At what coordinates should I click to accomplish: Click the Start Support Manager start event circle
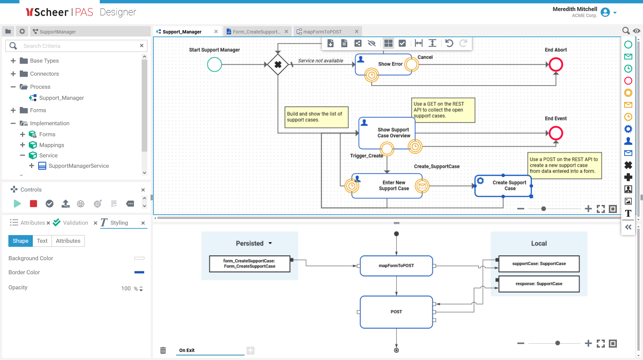click(x=214, y=65)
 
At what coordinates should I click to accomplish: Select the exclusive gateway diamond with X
click(x=278, y=65)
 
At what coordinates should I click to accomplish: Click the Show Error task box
click(x=385, y=64)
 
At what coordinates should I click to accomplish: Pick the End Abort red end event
click(x=556, y=65)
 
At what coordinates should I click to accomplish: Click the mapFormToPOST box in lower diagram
click(x=396, y=266)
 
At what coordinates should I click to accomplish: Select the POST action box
click(x=396, y=312)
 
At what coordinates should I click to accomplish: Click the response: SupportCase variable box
click(x=539, y=284)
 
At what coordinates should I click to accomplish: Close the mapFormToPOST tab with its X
click(x=357, y=32)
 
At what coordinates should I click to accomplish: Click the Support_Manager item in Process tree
click(x=61, y=98)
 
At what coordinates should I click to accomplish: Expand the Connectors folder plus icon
click(x=13, y=74)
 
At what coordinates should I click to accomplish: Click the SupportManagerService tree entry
click(x=78, y=166)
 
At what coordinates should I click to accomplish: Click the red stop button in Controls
click(x=33, y=204)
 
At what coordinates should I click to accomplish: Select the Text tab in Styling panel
click(x=42, y=241)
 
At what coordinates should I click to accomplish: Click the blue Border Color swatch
click(x=139, y=272)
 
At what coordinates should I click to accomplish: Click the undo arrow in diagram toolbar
click(x=449, y=43)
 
